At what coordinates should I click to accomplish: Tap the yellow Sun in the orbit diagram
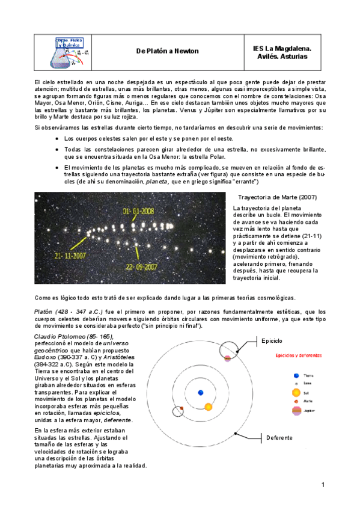[209, 407]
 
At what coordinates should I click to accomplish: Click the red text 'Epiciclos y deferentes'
[296, 355]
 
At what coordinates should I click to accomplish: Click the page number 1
[323, 485]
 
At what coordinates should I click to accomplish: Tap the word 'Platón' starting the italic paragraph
[44, 312]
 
